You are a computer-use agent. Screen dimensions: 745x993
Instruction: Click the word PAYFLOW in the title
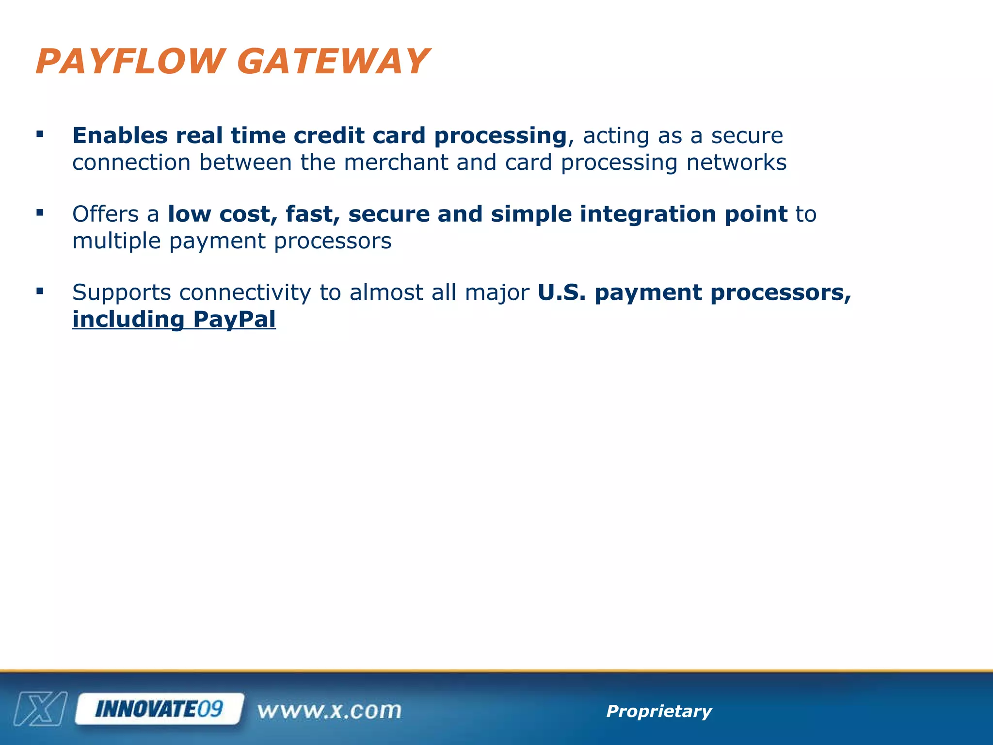tap(130, 62)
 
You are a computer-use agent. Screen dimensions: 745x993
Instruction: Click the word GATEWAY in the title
tap(333, 62)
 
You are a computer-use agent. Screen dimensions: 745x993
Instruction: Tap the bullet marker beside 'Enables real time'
tap(40, 134)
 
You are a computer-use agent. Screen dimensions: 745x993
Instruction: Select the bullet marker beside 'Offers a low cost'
tap(40, 213)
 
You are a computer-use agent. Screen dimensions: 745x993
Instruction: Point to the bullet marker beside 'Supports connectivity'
tap(40, 292)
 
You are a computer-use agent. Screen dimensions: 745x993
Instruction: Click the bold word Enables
tap(120, 136)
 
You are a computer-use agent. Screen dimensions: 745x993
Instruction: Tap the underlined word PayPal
tap(234, 320)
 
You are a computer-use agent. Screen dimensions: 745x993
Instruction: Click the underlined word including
tap(128, 320)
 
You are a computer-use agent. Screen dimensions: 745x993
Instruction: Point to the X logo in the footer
tap(40, 709)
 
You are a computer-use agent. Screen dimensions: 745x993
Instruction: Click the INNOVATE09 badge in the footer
tap(159, 709)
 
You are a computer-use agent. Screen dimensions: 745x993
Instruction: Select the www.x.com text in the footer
tap(329, 711)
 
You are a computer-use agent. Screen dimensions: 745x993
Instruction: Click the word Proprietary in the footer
tap(658, 711)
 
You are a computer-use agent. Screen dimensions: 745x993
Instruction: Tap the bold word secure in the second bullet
tap(389, 214)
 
